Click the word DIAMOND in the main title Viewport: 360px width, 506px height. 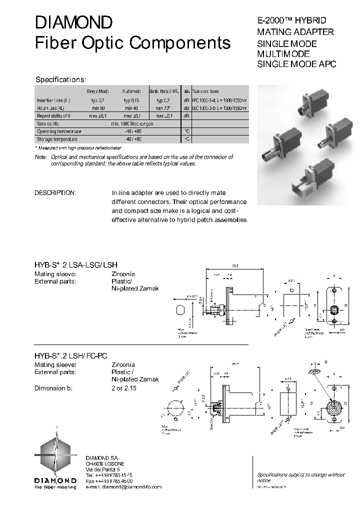point(73,22)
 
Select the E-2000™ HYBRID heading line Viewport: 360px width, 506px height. point(291,20)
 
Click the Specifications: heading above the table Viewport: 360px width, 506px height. point(60,79)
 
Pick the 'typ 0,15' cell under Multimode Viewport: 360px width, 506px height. point(131,100)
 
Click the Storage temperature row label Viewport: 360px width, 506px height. point(58,138)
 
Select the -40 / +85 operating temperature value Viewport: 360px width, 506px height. point(132,131)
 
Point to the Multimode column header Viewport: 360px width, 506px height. point(131,91)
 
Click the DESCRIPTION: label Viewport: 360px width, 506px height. point(55,193)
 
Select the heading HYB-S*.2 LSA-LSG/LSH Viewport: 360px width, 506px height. point(76,264)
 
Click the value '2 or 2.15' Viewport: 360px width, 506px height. point(124,388)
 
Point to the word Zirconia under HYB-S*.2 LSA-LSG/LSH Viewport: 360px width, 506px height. point(123,274)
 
